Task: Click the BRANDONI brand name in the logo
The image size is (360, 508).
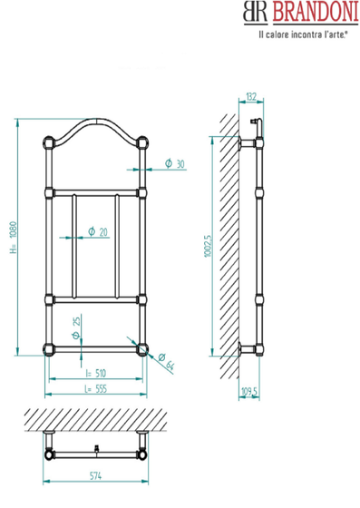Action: (x=316, y=12)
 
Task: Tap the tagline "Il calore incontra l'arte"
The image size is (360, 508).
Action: (x=303, y=34)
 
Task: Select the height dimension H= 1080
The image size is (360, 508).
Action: (x=13, y=238)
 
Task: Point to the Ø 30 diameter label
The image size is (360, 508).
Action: (x=174, y=163)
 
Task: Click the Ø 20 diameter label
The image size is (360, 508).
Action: (x=98, y=231)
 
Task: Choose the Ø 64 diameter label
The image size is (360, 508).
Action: (x=167, y=362)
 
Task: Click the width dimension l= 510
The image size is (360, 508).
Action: (x=96, y=373)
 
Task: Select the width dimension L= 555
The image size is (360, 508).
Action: (x=95, y=389)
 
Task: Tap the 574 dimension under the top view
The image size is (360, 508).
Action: (x=95, y=476)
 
